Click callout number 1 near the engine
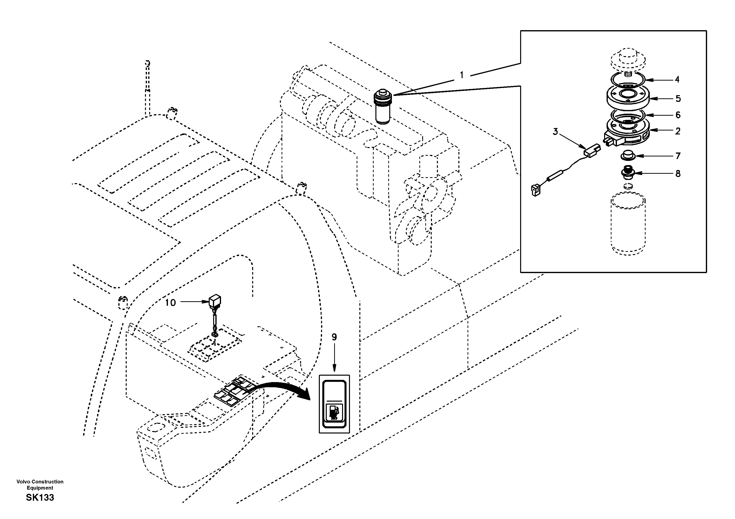462,75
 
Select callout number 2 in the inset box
677,131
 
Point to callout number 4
677,79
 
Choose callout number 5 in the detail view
678,99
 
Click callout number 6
678,115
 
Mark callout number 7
678,156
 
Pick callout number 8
678,174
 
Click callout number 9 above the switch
334,337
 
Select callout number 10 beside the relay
170,303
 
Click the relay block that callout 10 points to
215,302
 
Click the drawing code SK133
40,497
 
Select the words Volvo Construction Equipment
40,485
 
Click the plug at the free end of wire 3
535,190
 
